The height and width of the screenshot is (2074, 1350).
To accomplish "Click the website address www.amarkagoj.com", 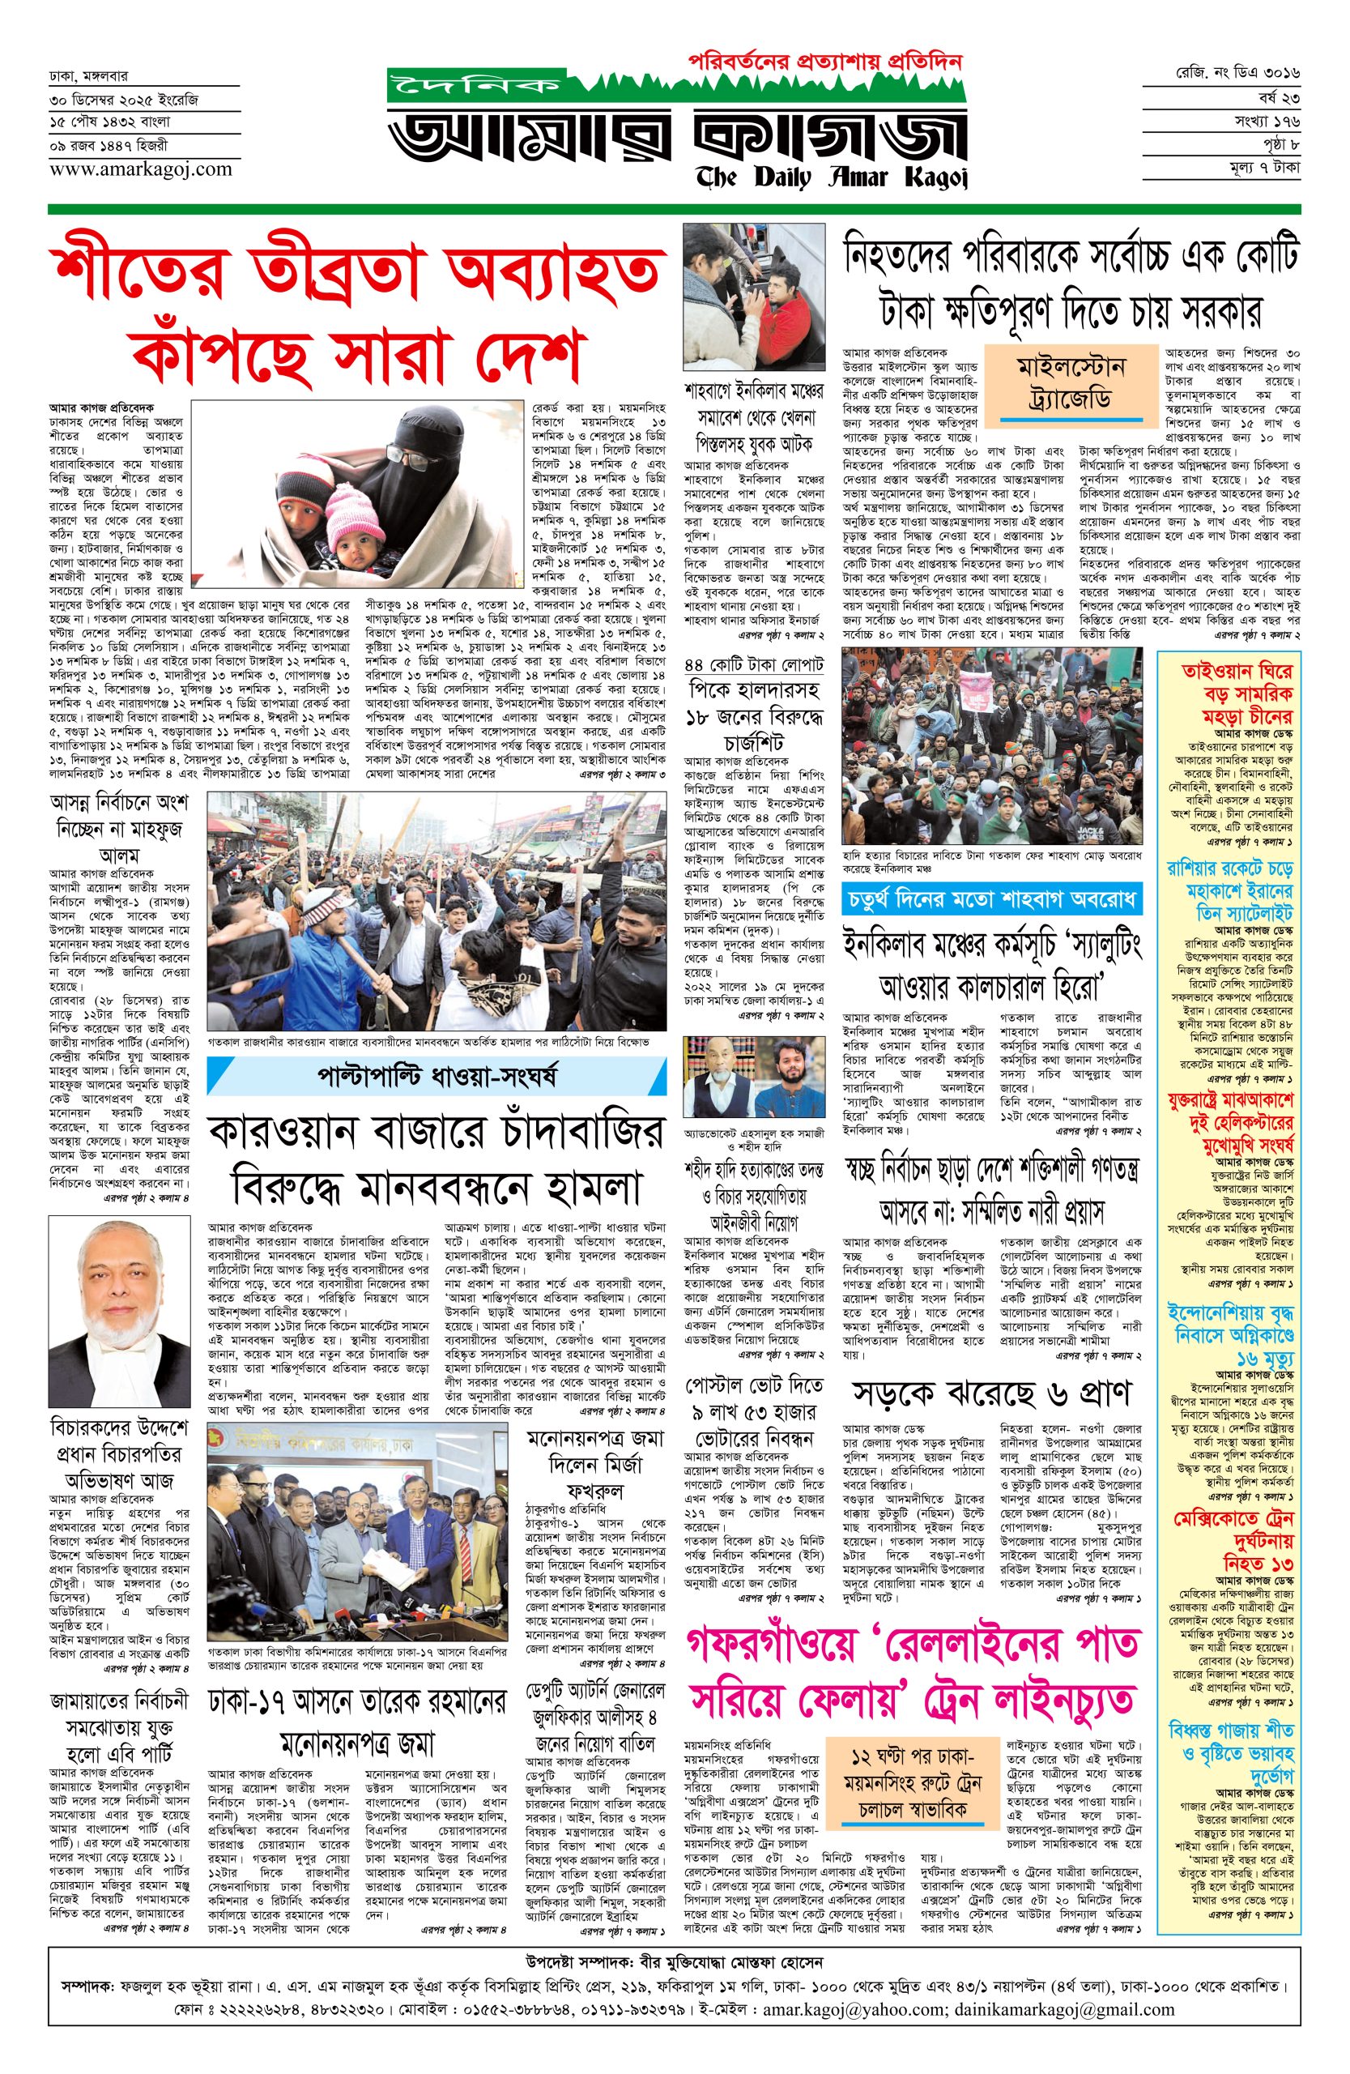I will click(x=140, y=169).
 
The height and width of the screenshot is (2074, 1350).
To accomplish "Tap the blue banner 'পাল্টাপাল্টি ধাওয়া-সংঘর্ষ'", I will click(x=436, y=1077).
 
